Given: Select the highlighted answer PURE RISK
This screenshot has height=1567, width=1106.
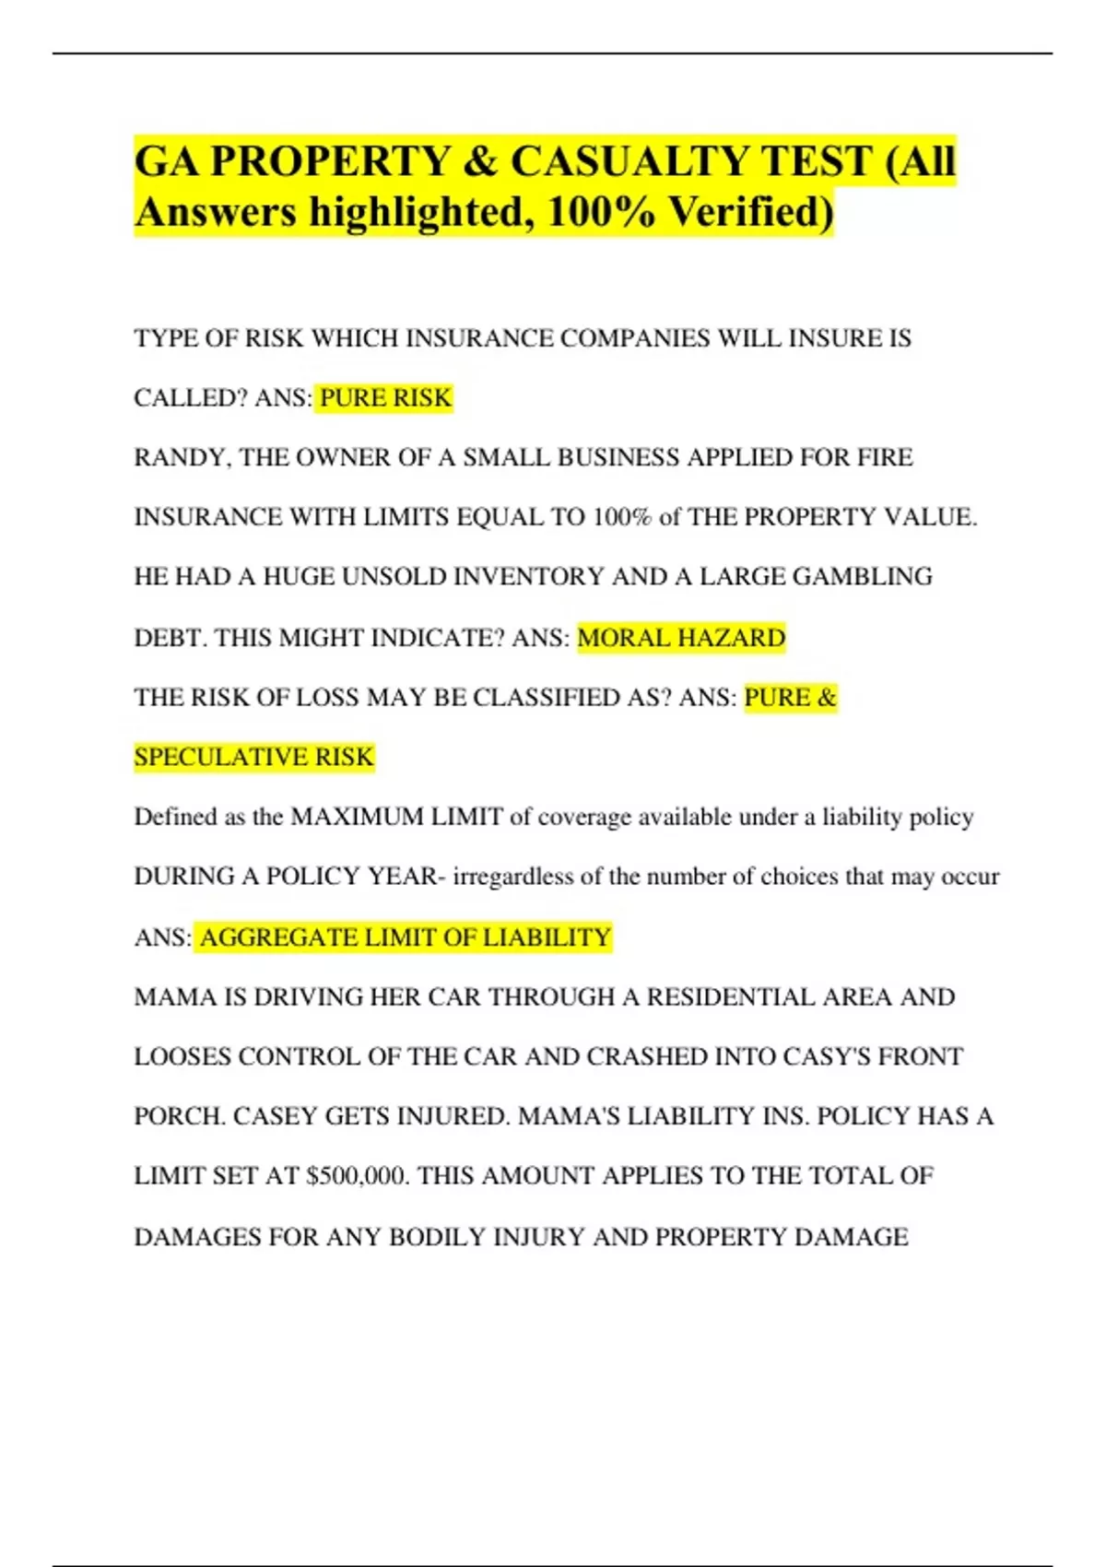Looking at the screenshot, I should [x=385, y=397].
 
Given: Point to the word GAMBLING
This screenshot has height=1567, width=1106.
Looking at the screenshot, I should [x=863, y=576].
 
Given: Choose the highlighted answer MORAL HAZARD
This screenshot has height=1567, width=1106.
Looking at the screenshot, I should [x=681, y=637].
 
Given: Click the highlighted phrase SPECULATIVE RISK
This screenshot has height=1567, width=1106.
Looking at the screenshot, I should [x=253, y=757].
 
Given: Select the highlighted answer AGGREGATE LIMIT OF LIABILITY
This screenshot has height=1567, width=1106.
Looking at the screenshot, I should [x=406, y=937].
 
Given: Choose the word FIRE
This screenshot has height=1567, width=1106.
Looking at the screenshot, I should [x=884, y=457].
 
